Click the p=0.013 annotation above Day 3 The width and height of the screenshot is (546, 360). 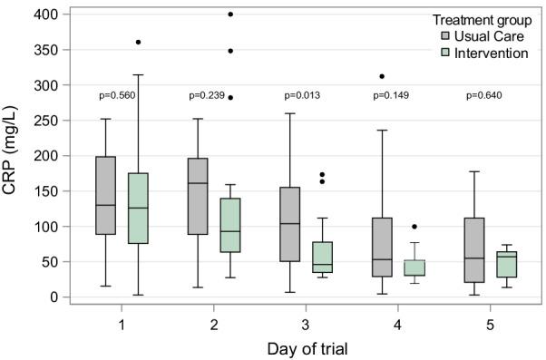(302, 94)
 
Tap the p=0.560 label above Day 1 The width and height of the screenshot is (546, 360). (117, 94)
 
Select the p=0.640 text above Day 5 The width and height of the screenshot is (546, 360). (485, 94)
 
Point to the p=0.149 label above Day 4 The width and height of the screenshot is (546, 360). (394, 94)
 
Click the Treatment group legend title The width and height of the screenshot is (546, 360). (478, 19)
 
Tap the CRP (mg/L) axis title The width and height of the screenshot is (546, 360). (14, 156)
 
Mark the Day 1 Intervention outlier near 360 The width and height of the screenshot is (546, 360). (139, 43)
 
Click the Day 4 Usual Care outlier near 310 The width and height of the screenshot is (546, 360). (382, 76)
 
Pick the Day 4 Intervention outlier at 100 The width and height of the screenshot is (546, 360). (414, 227)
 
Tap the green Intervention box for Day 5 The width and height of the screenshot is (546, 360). (506, 265)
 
